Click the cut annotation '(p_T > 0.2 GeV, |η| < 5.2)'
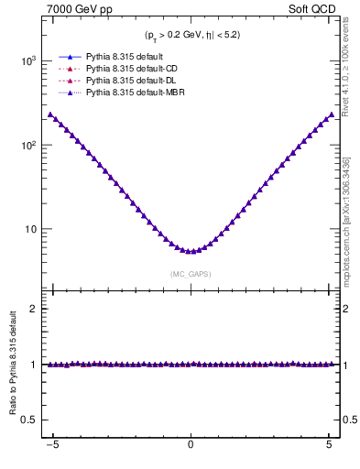coord(191,36)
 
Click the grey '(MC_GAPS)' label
coord(191,273)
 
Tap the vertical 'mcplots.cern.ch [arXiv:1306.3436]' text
coord(348,220)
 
